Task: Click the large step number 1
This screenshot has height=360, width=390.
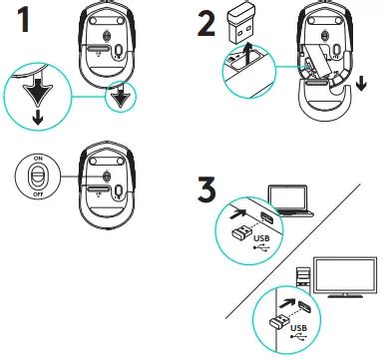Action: tap(23, 20)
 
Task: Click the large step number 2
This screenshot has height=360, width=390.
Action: tap(206, 23)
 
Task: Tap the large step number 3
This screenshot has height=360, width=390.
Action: tap(206, 188)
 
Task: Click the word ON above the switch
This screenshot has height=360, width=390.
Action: tap(38, 159)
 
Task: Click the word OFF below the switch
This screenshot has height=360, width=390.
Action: tap(38, 193)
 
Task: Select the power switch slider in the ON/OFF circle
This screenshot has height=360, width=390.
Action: tap(38, 176)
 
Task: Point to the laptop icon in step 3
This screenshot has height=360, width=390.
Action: tap(291, 201)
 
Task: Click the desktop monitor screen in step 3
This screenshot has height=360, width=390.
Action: tap(345, 276)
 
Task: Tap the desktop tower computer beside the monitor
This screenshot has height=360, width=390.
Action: tap(303, 276)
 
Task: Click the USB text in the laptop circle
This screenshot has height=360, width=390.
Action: tap(261, 238)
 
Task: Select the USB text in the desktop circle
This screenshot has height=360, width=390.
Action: tap(298, 328)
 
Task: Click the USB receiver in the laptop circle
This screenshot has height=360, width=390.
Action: tap(241, 232)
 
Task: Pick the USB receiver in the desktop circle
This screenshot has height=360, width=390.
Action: tap(279, 321)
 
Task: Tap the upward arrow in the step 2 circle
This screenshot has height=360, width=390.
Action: tap(246, 57)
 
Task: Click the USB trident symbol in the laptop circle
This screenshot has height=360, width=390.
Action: tap(261, 247)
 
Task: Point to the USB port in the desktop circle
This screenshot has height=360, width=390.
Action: tap(304, 306)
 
